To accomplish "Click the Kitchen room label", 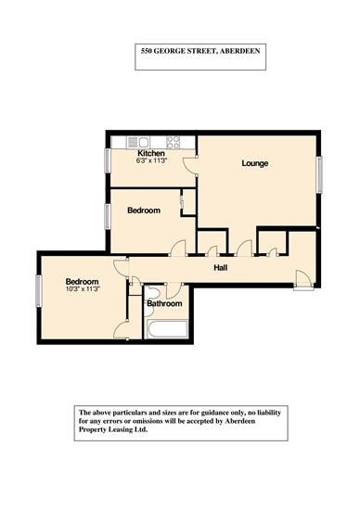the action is (x=151, y=153).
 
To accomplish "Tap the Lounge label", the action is (x=255, y=163).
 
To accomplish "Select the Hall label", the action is (x=221, y=268).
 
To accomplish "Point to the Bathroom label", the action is (x=164, y=304).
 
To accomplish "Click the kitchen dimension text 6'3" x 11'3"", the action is (x=151, y=160).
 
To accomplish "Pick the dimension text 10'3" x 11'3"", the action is (x=82, y=288).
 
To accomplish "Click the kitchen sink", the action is (x=138, y=142).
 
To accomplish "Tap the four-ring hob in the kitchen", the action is (x=173, y=143).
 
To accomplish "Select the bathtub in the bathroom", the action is (x=167, y=329).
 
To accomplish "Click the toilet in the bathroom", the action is (x=151, y=293).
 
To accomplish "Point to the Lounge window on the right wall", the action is (x=319, y=174).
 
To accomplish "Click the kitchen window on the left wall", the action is (x=107, y=160).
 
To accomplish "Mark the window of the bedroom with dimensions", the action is (x=39, y=291).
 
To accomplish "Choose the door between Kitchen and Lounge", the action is (x=190, y=166).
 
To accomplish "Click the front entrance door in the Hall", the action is (x=304, y=280).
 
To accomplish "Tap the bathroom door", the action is (x=173, y=290).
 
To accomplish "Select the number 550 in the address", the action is (x=146, y=51).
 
